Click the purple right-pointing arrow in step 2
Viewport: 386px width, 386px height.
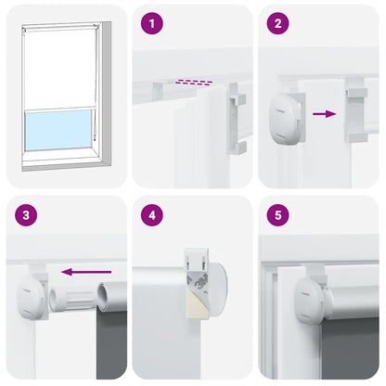[324, 114]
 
